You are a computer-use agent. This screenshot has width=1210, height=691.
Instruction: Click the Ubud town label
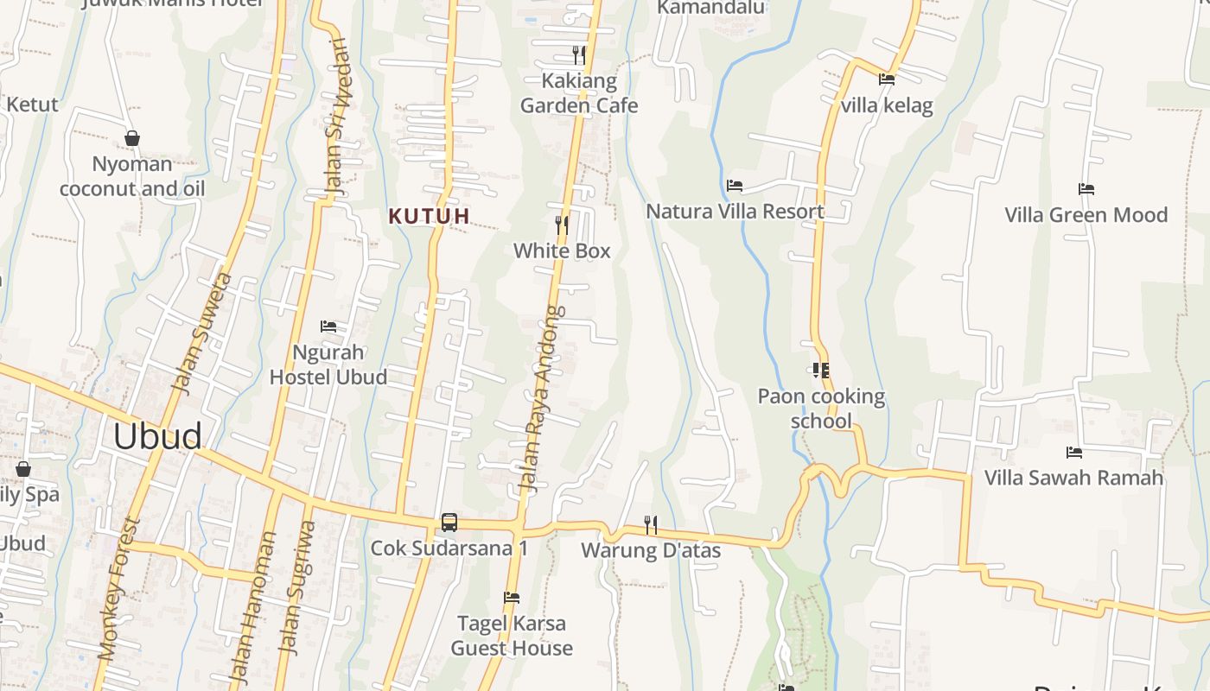tap(157, 437)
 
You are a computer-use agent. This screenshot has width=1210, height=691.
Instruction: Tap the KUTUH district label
tap(429, 216)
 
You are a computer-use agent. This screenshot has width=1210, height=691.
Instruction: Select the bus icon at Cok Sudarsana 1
tap(449, 522)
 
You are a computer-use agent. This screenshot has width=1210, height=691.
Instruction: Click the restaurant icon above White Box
tap(562, 225)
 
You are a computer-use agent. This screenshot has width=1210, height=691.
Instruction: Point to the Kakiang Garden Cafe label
tap(579, 93)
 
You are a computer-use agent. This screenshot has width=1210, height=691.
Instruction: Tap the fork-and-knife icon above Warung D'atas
tap(651, 524)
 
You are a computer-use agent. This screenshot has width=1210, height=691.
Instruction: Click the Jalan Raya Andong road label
tap(541, 399)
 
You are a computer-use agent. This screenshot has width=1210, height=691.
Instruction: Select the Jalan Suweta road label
tap(201, 333)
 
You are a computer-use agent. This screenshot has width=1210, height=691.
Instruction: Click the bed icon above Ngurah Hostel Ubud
tap(328, 326)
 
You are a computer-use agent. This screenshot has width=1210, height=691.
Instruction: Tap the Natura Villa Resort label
tap(735, 212)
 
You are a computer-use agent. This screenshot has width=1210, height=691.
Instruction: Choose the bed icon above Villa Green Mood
tap(1086, 189)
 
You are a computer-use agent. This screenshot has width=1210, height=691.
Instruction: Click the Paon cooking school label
tap(821, 409)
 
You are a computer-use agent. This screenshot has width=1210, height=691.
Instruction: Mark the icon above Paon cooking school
tap(821, 371)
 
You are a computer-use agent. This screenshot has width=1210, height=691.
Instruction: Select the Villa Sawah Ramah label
tap(1073, 478)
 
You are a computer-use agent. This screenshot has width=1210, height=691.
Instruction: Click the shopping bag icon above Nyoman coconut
tap(132, 138)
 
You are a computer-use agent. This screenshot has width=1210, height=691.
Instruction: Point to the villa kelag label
tap(887, 106)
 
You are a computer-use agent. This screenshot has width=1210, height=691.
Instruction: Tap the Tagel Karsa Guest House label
tap(512, 636)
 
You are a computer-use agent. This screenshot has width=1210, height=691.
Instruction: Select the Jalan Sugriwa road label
tap(295, 587)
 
